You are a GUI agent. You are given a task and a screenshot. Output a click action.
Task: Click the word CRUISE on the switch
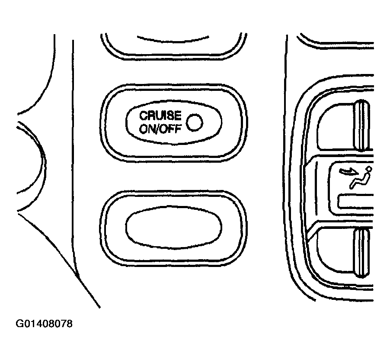[160, 116]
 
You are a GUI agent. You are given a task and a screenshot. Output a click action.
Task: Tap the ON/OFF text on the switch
[160, 129]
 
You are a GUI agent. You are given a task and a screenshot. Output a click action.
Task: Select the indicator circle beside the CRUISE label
[195, 122]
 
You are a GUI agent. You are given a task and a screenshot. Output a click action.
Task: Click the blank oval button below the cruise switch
[174, 227]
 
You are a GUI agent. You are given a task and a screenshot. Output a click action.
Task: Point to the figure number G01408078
[44, 324]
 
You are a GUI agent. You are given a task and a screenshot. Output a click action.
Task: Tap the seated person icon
[361, 177]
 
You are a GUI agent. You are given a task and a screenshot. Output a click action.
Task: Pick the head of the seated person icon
[369, 169]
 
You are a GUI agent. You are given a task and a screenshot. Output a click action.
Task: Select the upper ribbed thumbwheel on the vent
[361, 125]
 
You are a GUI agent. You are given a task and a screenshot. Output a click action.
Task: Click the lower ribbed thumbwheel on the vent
[361, 253]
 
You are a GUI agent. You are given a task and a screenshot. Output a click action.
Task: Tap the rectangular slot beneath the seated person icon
[356, 201]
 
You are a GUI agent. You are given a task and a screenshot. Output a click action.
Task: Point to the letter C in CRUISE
[143, 116]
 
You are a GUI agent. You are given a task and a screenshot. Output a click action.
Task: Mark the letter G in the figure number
[19, 324]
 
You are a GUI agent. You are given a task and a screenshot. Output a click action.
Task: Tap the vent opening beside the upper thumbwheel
[335, 126]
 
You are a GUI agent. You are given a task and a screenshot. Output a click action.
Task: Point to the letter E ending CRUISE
[178, 116]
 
